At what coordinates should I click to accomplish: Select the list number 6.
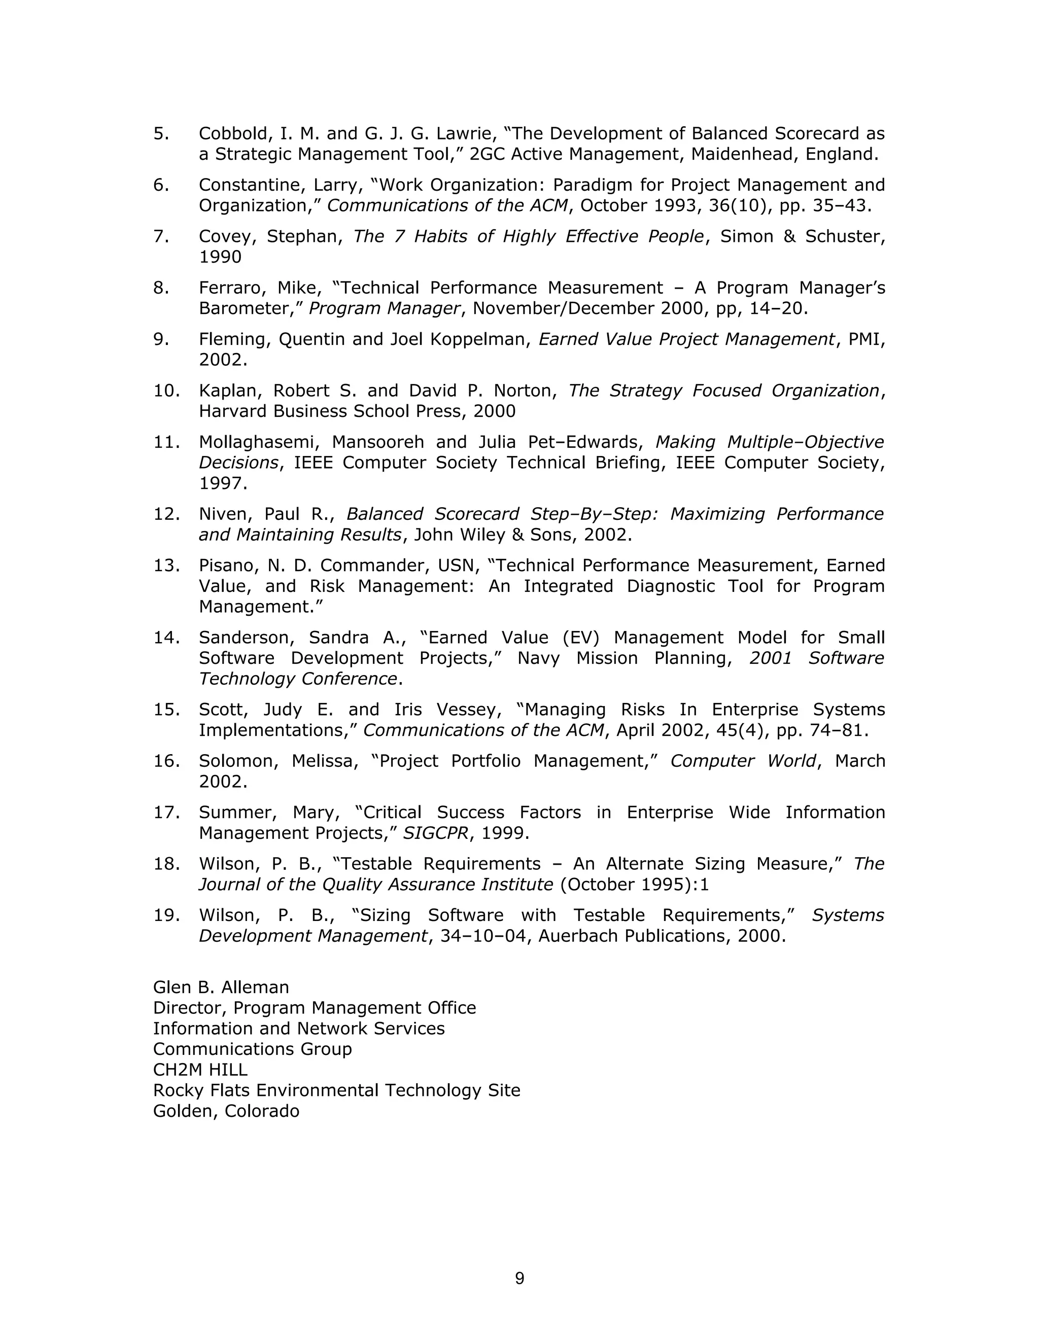point(161,185)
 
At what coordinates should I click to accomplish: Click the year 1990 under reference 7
point(220,257)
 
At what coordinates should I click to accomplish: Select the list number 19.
point(166,915)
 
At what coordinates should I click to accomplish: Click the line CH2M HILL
point(200,1070)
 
